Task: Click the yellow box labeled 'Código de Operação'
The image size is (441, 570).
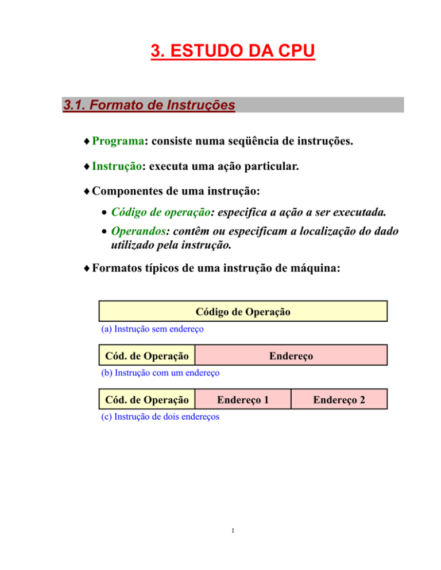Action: [x=243, y=312]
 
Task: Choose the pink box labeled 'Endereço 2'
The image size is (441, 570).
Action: [x=339, y=399]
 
